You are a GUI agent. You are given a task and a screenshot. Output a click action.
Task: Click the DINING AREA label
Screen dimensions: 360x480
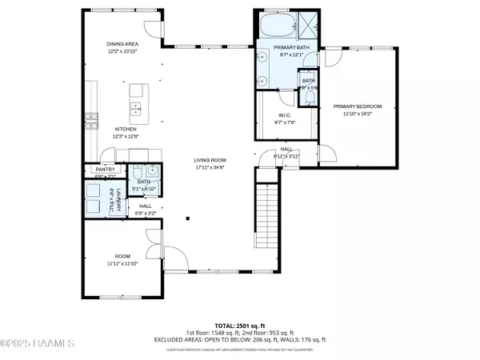pyautogui.click(x=124, y=44)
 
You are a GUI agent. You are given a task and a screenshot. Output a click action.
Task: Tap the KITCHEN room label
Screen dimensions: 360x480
pyautogui.click(x=125, y=130)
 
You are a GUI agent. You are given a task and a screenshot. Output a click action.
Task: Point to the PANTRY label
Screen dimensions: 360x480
pyautogui.click(x=106, y=170)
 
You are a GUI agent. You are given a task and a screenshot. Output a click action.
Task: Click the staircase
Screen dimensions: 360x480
pyautogui.click(x=266, y=214)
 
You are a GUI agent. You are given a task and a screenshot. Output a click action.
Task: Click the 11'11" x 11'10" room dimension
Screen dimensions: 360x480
pyautogui.click(x=122, y=262)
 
